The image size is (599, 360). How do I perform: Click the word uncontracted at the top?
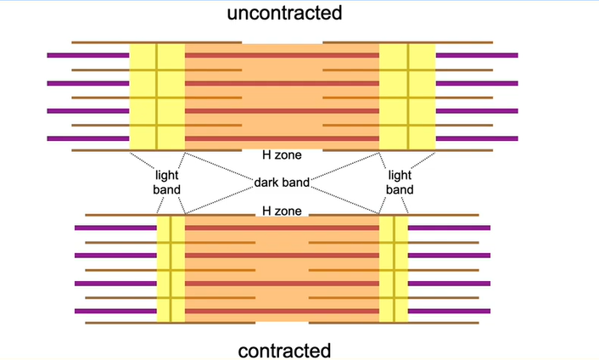[x=284, y=13]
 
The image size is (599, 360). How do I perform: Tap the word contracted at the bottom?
[x=284, y=349]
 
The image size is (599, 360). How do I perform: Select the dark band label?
[x=282, y=182]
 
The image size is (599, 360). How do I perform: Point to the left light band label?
[x=167, y=182]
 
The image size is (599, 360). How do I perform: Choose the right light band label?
[x=400, y=182]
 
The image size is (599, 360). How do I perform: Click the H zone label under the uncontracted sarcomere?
[x=282, y=155]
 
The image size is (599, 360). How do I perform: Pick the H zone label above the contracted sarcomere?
[x=282, y=210]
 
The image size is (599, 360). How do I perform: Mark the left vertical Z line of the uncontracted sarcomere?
[x=157, y=96]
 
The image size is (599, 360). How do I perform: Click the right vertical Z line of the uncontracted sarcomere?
[x=408, y=96]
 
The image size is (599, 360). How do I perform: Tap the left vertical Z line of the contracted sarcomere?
[x=171, y=269]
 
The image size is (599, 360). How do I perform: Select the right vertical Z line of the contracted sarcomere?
[x=395, y=269]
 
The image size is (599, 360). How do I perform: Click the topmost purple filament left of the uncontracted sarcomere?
[x=88, y=55]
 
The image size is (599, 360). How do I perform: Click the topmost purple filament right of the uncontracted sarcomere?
[x=476, y=55]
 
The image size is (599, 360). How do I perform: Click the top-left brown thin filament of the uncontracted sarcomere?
[x=100, y=42]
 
